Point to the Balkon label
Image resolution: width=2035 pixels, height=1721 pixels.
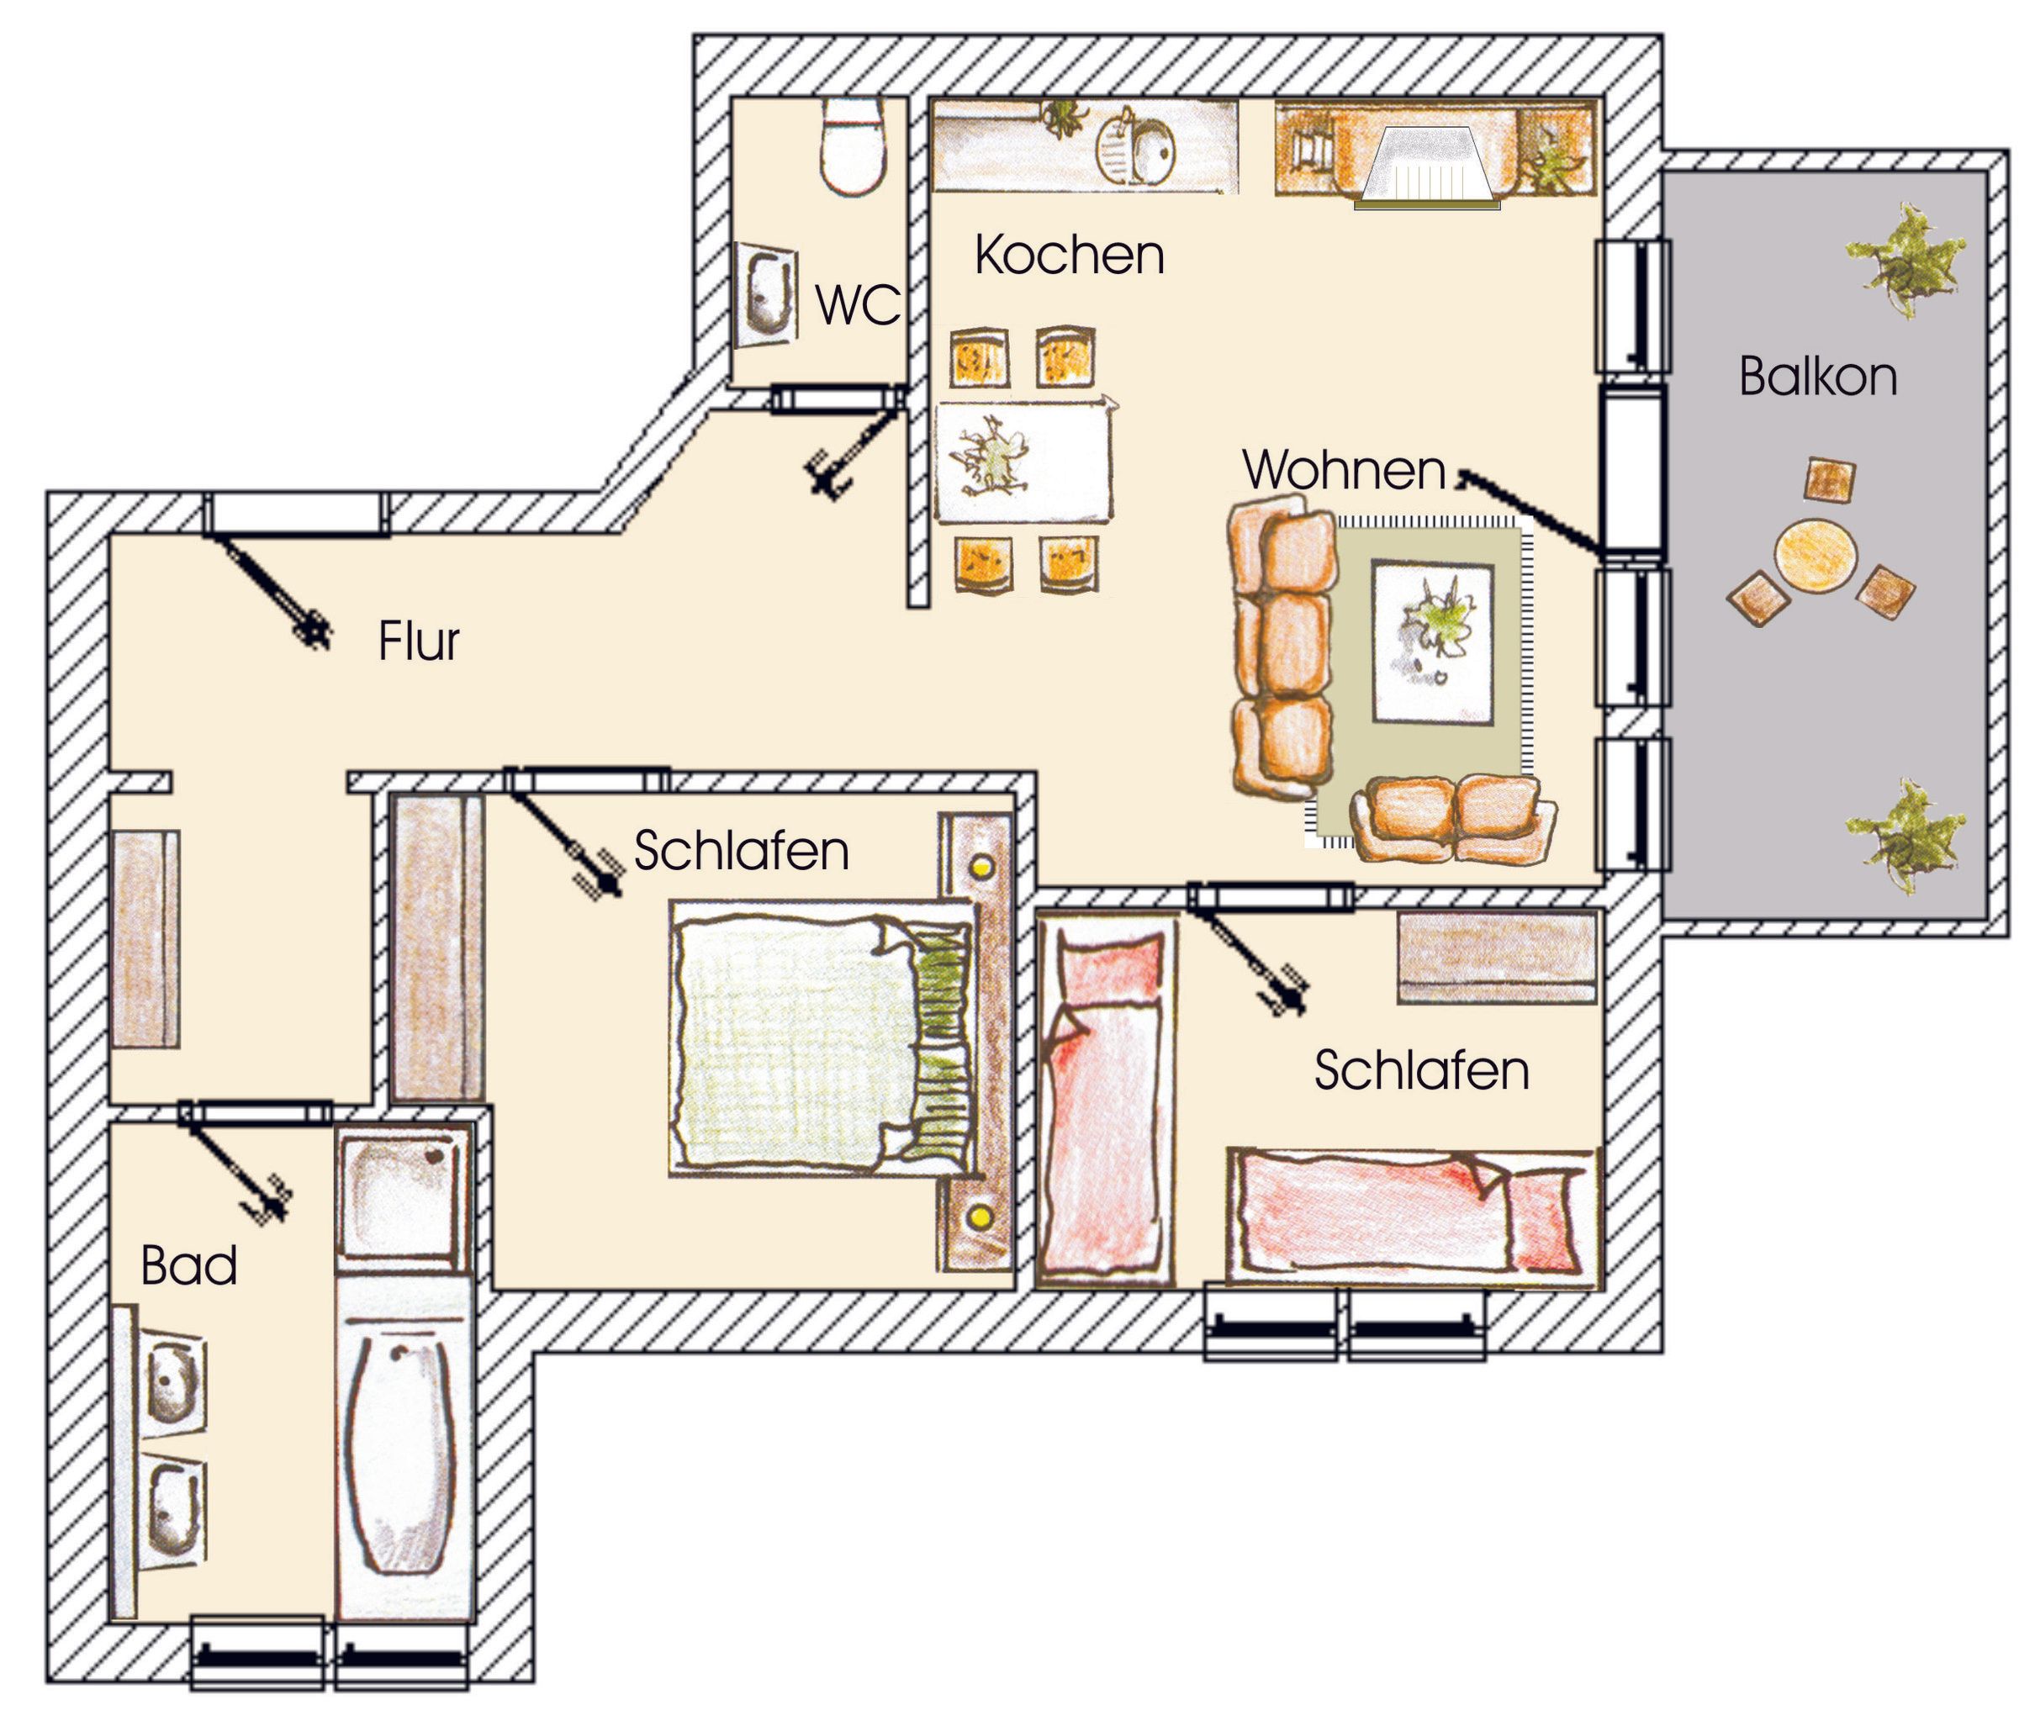coord(1818,377)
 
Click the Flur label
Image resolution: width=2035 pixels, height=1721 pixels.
coord(419,642)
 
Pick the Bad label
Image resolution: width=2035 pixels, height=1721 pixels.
coord(189,1266)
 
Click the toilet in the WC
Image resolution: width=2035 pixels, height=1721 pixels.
coord(854,146)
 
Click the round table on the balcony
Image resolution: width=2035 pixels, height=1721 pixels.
coord(1814,556)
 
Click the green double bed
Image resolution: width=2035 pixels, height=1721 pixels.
coord(822,1037)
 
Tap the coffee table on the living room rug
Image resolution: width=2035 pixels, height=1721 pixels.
coord(1432,643)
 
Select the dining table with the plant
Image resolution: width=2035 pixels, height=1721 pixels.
coord(1023,461)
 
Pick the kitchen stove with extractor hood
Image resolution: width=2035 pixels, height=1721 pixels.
coord(1426,168)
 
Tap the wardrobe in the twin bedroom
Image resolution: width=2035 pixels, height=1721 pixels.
coord(1499,957)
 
